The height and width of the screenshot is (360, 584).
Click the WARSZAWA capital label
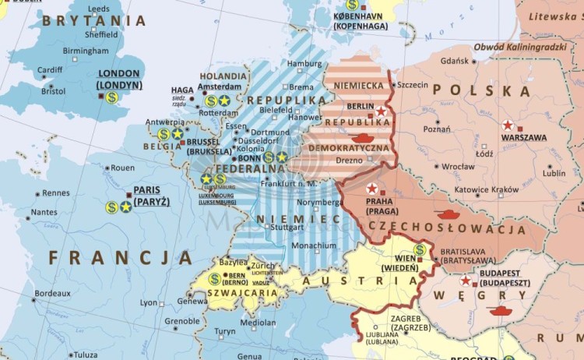[x=523, y=137]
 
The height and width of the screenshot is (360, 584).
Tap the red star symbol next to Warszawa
[x=508, y=125]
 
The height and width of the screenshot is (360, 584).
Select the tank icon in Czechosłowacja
[x=449, y=213]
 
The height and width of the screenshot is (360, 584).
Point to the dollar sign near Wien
[x=420, y=250]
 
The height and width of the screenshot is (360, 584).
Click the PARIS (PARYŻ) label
[x=152, y=196]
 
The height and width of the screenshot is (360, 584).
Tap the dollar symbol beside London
[x=112, y=97]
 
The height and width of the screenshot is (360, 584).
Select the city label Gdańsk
[x=455, y=61]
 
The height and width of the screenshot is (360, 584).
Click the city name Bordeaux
[x=53, y=293]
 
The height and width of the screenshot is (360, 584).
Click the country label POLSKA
[x=481, y=91]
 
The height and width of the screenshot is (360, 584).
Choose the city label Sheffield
[x=102, y=34]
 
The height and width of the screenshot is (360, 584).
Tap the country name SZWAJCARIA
[x=242, y=293]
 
